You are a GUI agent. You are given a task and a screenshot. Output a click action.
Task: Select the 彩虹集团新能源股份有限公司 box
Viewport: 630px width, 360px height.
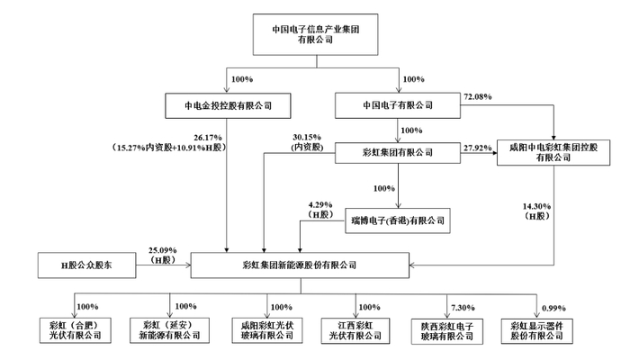[299, 265]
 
